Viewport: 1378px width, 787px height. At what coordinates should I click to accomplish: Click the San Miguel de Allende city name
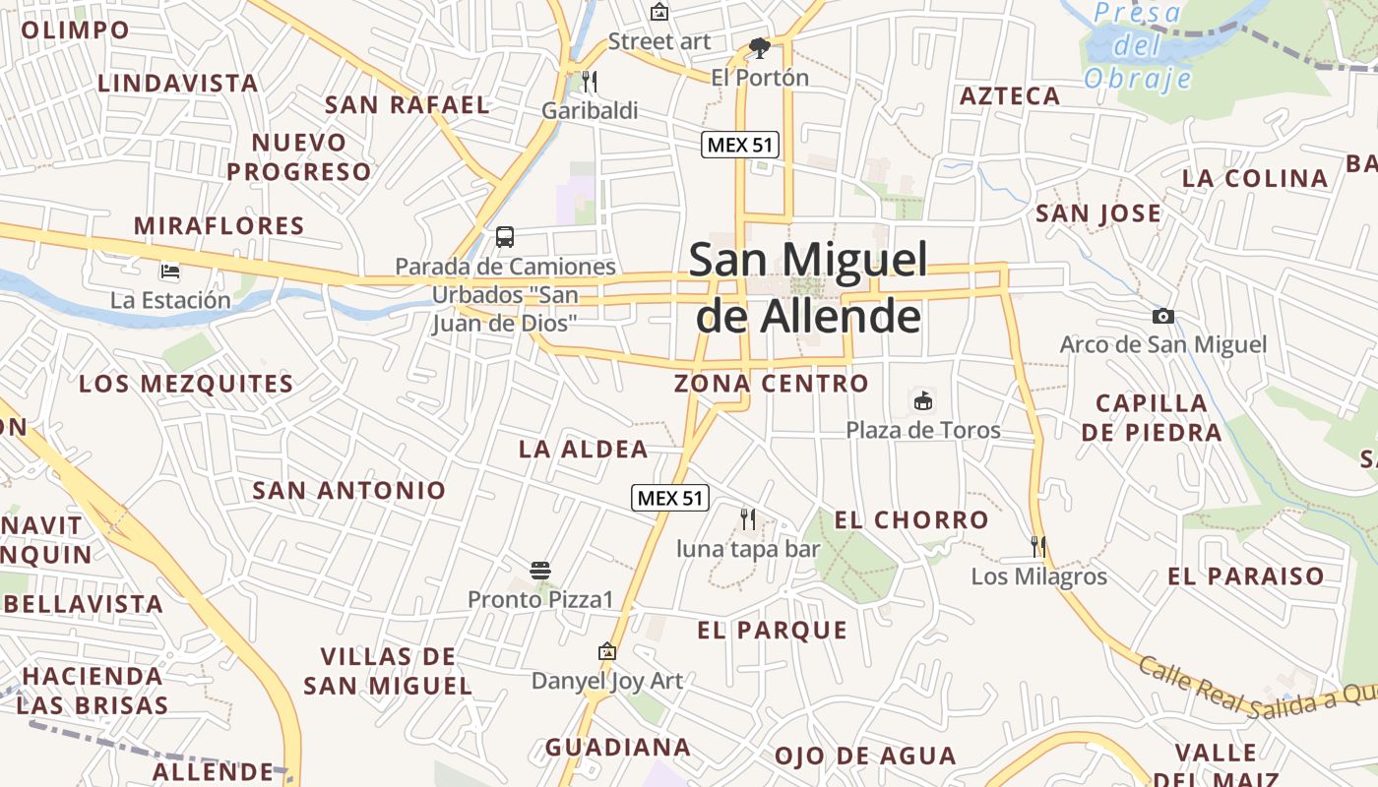(x=808, y=288)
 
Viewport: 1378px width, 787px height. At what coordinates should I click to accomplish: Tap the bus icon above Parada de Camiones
(x=505, y=237)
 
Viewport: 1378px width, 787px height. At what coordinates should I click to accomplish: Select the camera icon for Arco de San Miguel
(x=1163, y=316)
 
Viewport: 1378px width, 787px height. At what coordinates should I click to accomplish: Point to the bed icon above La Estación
(x=170, y=271)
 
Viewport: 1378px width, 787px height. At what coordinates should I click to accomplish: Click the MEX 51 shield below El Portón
(x=740, y=145)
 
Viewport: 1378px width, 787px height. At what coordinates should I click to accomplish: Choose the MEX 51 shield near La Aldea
(x=670, y=498)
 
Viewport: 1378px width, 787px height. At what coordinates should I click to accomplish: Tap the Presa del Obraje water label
(x=1138, y=45)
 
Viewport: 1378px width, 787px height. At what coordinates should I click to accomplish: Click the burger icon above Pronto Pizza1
(x=539, y=570)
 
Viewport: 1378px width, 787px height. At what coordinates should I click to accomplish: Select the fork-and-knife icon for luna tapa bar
(x=748, y=518)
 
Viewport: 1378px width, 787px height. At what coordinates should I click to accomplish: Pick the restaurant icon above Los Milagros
(x=1037, y=546)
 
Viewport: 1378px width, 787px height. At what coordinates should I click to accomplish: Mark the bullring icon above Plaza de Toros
(x=923, y=400)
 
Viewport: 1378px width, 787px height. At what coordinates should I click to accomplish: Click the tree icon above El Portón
(x=759, y=47)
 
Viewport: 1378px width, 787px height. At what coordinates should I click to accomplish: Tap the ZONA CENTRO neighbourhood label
(x=772, y=384)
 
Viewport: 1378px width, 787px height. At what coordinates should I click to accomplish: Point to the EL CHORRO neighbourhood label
(x=911, y=520)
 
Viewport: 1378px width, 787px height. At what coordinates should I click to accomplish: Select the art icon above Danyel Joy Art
(x=607, y=651)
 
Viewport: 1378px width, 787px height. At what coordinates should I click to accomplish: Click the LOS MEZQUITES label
(x=186, y=384)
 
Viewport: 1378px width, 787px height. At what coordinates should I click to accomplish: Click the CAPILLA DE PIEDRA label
(x=1152, y=417)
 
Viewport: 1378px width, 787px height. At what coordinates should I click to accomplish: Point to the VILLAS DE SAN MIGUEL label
(x=387, y=671)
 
